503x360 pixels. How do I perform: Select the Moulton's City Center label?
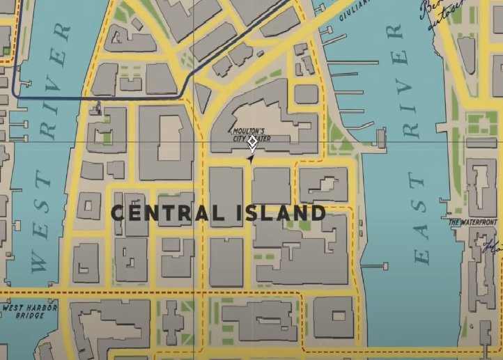tap(251, 134)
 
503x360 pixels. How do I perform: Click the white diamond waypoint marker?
tap(252, 143)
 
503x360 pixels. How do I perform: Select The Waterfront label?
tap(473, 223)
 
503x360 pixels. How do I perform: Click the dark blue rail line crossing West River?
tap(56, 98)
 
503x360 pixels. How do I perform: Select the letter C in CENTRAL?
tap(119, 213)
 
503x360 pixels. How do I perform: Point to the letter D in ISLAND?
tap(318, 213)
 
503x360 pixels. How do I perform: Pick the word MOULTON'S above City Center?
tap(249, 131)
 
